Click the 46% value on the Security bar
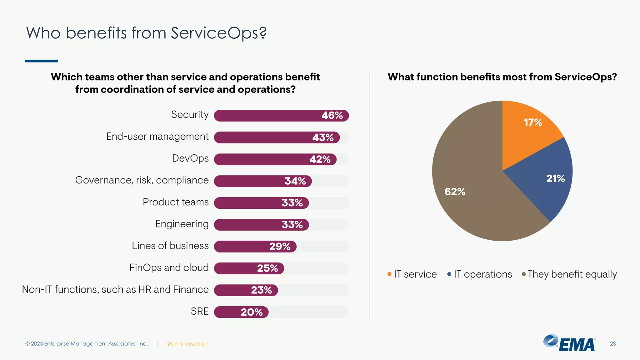click(x=332, y=116)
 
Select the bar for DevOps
click(x=275, y=159)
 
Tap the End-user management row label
click(x=157, y=137)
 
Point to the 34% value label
click(x=295, y=181)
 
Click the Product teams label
click(x=176, y=202)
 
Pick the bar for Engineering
click(x=261, y=225)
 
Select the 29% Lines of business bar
click(x=255, y=247)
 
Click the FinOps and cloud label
click(x=169, y=268)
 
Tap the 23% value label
click(x=261, y=290)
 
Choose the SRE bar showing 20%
click(x=241, y=312)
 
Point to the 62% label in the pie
click(x=455, y=192)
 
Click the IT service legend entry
click(x=412, y=274)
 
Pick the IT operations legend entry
click(x=480, y=274)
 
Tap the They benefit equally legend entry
click(x=569, y=274)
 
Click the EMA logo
click(x=569, y=343)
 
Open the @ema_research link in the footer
click(x=187, y=344)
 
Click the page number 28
click(x=612, y=344)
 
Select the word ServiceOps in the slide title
click(x=218, y=33)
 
